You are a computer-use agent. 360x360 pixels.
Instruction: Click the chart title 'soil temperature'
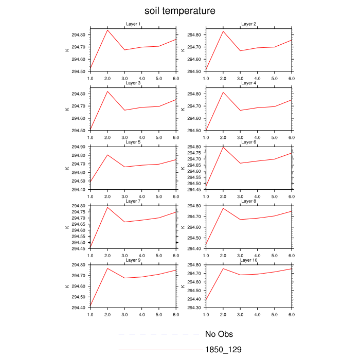[x=179, y=11]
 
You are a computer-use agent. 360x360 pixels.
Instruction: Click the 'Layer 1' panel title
[x=133, y=24]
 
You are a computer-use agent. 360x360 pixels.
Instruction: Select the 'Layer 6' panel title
[x=249, y=142]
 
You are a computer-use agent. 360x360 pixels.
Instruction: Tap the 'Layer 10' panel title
[x=249, y=260]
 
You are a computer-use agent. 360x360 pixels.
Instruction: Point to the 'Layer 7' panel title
[x=133, y=201]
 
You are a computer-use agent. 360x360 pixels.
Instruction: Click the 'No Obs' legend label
[x=219, y=334]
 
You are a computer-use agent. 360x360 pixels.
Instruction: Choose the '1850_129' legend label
[x=223, y=350]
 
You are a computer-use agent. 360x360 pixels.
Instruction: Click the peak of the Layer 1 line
[x=107, y=30]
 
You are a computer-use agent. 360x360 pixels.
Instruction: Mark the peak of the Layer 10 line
[x=223, y=268]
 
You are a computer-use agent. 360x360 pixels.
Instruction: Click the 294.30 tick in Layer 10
[x=194, y=308]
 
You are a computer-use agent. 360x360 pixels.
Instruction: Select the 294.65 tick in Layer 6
[x=194, y=165]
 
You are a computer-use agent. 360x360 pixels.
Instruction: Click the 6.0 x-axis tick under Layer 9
[x=176, y=314]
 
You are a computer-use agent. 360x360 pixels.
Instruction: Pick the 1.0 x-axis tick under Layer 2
[x=206, y=78]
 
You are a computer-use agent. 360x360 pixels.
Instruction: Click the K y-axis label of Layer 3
[x=67, y=109]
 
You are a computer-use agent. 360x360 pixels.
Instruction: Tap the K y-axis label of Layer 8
[x=183, y=227]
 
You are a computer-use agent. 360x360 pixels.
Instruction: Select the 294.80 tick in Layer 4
[x=194, y=94]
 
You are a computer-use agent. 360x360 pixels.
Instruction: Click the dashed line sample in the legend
[x=159, y=334]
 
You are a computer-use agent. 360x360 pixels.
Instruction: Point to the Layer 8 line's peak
[x=223, y=208]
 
